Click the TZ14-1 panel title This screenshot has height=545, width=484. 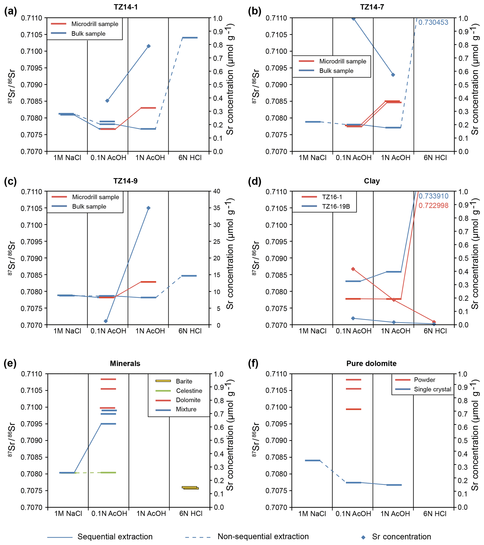pyautogui.click(x=126, y=7)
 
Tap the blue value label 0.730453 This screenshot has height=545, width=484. pyautogui.click(x=433, y=22)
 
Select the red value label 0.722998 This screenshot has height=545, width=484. pyautogui.click(x=433, y=205)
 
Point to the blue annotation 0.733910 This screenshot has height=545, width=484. pyautogui.click(x=433, y=196)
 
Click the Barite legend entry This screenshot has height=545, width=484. pyautogui.click(x=184, y=381)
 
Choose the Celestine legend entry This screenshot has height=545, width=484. pyautogui.click(x=189, y=391)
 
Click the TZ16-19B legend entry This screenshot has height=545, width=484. pyautogui.click(x=336, y=206)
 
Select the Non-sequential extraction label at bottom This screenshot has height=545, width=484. pyautogui.click(x=263, y=537)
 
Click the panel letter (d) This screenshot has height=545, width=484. pyautogui.click(x=255, y=181)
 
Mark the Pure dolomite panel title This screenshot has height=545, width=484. pyautogui.click(x=371, y=363)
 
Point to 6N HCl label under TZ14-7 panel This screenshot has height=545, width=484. pyautogui.click(x=435, y=158)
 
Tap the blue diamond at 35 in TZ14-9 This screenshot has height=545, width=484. pyautogui.click(x=148, y=208)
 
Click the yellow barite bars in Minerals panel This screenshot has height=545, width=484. pyautogui.click(x=190, y=488)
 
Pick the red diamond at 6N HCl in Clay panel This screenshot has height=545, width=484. pyautogui.click(x=434, y=322)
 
